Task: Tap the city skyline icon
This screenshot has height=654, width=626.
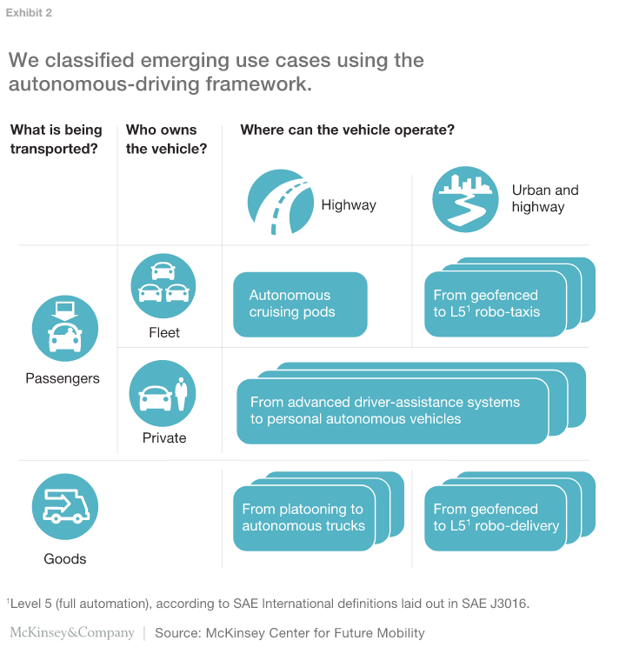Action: [x=465, y=199]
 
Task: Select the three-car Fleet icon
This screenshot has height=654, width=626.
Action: [x=163, y=285]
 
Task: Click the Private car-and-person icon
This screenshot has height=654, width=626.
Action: [x=163, y=394]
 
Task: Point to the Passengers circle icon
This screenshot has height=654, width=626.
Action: [x=65, y=330]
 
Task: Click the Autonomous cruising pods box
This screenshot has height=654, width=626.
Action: [x=300, y=304]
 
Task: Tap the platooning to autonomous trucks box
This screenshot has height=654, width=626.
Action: [x=303, y=518]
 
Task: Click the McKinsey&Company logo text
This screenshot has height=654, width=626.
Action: [x=72, y=632]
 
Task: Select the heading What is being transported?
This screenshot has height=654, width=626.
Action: [x=57, y=139]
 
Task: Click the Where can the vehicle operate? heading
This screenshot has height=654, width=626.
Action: [x=348, y=130]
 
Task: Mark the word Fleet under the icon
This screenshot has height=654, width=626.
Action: [x=164, y=332]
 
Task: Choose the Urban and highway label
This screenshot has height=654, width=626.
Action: [x=544, y=198]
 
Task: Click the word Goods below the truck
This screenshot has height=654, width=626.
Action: [x=66, y=558]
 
